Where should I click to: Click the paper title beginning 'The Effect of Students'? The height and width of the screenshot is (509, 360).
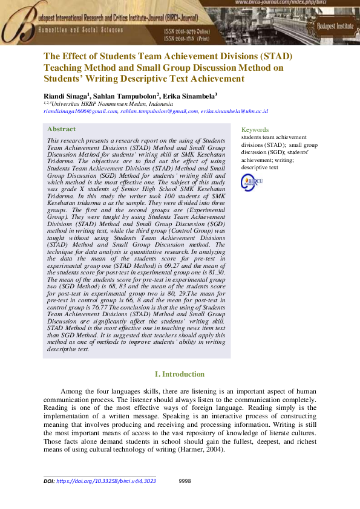point(168,67)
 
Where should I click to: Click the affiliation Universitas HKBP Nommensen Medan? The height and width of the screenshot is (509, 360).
point(107,103)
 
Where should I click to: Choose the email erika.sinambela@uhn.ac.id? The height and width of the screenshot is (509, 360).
point(235,111)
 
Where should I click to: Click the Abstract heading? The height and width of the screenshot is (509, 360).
point(62,129)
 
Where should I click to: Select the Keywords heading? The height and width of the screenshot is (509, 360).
point(255,129)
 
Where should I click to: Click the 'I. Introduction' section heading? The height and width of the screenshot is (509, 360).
point(180,374)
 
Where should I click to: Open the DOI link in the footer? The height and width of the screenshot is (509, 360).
point(106,481)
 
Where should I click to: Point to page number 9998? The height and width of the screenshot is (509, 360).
point(186,481)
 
